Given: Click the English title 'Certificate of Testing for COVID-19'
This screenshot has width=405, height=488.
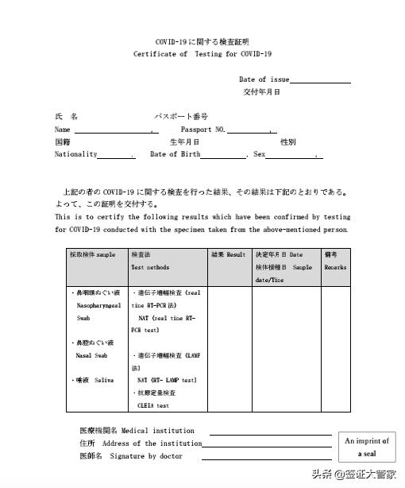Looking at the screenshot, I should (x=202, y=54).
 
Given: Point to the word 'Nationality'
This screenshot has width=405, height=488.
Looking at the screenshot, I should (x=76, y=154).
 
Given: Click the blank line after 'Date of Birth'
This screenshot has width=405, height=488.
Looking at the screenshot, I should (x=223, y=156).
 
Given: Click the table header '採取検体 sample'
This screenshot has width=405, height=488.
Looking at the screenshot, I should (x=93, y=255).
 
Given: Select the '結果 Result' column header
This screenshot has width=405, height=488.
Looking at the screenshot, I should (x=229, y=255).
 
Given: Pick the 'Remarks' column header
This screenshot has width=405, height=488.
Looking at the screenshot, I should (x=334, y=268).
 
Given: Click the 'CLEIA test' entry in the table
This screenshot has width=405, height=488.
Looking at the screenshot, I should (x=152, y=405).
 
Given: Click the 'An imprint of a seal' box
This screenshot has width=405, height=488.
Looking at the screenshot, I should (x=366, y=447).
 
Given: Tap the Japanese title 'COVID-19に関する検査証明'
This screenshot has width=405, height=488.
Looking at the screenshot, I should (x=202, y=41).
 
